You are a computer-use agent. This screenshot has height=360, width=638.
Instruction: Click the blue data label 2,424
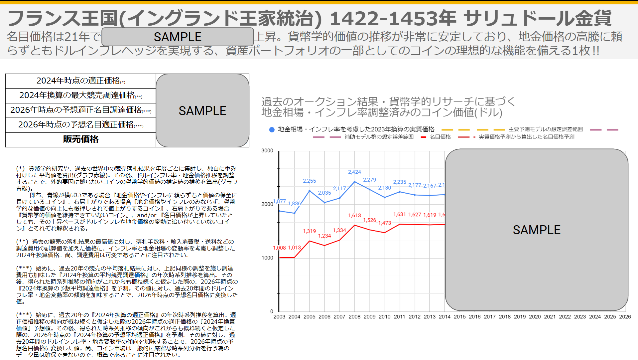[x=354, y=172]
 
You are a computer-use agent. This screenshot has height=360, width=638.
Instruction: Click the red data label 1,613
[x=354, y=216]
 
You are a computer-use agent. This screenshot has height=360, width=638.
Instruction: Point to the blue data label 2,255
[x=309, y=181]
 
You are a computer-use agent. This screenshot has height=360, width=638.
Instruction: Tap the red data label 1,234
[x=324, y=236]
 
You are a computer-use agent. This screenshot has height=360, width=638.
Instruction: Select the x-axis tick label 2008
[x=354, y=317]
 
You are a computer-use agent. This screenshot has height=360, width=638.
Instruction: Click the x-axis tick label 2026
[x=625, y=317]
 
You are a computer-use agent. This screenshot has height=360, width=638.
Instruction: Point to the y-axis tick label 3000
[x=267, y=151]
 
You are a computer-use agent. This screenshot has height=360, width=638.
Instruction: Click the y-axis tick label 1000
[x=267, y=258]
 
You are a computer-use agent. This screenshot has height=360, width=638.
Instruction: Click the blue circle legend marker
[x=272, y=130]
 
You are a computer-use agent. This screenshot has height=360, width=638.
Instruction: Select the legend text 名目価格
[x=440, y=137]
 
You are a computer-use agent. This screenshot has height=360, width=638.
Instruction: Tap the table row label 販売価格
[x=81, y=139]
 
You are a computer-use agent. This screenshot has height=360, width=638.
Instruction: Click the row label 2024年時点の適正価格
[x=78, y=81]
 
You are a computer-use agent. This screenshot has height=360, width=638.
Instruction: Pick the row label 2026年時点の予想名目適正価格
[x=76, y=125]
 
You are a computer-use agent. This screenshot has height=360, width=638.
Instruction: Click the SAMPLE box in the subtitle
[x=178, y=37]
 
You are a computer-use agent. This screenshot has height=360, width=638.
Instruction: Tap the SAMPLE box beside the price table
[x=202, y=111]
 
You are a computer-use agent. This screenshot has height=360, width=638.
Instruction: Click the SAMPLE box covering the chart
[x=536, y=230]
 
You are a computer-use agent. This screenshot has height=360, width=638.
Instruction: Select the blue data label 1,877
[x=279, y=201]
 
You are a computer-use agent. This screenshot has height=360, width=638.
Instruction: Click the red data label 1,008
[x=279, y=248]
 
